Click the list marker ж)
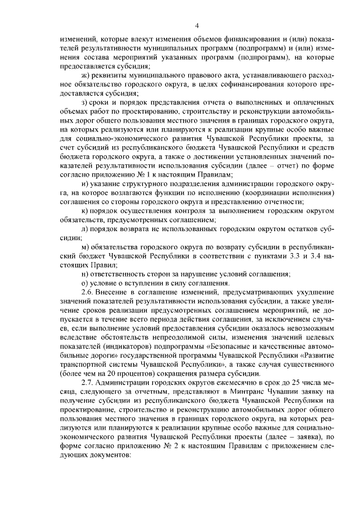[85, 75]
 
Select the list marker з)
[84, 102]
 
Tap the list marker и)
[85, 183]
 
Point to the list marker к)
[84, 210]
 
